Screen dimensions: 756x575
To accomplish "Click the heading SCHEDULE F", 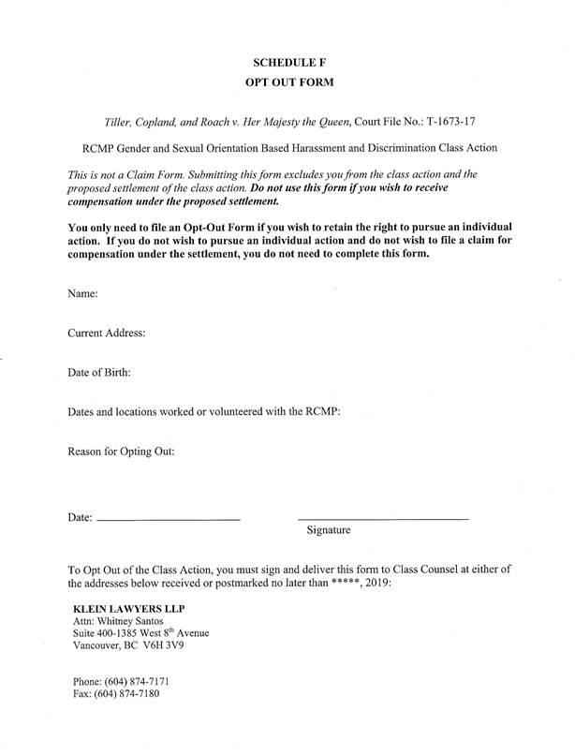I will tap(289, 62).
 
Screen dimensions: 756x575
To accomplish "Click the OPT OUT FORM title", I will tap(289, 82).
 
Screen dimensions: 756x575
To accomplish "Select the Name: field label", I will tap(83, 294).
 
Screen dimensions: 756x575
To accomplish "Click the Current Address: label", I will tap(107, 333).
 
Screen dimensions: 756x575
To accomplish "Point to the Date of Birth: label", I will tap(99, 372).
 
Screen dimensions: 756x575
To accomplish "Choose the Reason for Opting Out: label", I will tap(122, 451).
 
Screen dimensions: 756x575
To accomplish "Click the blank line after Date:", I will tap(169, 519).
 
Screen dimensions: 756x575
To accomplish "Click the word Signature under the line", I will tap(328, 531).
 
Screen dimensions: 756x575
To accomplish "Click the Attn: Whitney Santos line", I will tap(118, 620).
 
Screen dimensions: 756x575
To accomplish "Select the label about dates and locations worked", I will tap(202, 411).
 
